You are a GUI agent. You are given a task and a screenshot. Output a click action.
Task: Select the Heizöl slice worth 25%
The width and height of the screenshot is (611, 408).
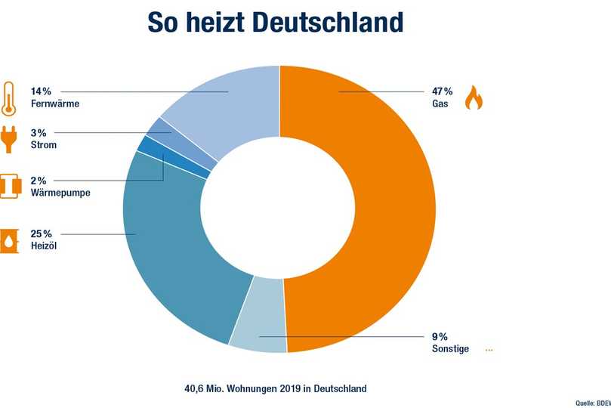(x=174, y=249)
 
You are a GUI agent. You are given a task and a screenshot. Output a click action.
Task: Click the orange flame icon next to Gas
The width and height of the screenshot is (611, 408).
(x=473, y=98)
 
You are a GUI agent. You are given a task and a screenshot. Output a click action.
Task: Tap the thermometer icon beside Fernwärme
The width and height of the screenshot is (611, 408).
(x=10, y=99)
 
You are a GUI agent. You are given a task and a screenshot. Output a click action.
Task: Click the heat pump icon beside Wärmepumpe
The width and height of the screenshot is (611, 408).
(x=10, y=187)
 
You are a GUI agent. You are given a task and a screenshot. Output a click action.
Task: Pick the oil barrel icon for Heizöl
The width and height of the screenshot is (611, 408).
(x=10, y=240)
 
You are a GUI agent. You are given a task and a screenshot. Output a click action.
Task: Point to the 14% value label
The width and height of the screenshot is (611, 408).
(x=42, y=91)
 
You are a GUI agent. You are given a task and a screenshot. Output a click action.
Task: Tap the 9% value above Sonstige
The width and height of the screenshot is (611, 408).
(x=440, y=336)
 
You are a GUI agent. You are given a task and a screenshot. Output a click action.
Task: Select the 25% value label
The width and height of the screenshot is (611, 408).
(x=42, y=234)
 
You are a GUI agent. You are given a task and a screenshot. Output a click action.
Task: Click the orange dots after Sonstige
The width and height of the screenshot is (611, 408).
(x=489, y=350)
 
